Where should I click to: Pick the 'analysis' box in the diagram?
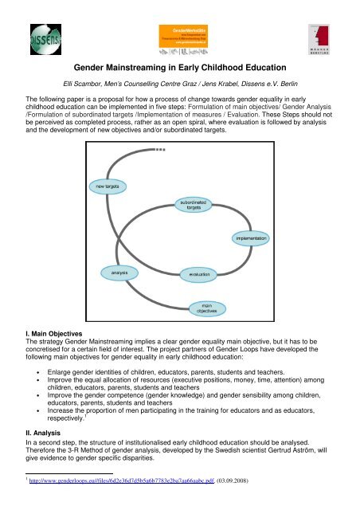[x=115, y=273]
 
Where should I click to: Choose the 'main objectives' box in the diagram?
[x=202, y=308]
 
